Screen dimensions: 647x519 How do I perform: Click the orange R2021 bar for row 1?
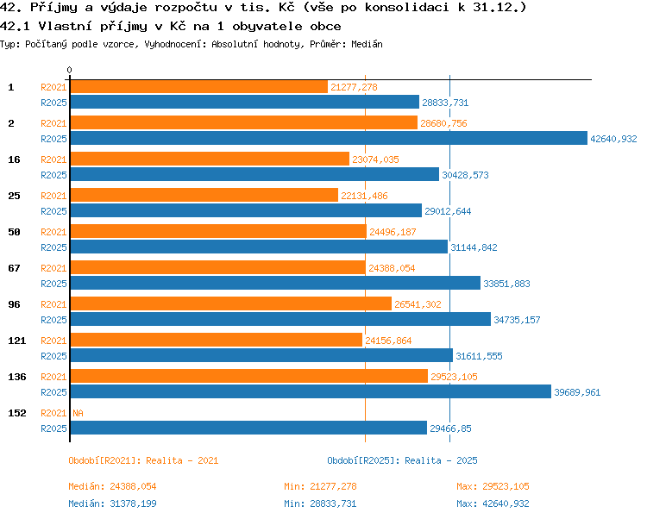click(x=199, y=87)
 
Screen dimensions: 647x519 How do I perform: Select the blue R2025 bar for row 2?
click(x=329, y=139)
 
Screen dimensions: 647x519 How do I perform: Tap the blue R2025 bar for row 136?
click(x=311, y=392)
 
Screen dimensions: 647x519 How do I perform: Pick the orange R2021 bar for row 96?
click(x=231, y=304)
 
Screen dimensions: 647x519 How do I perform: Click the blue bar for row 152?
click(x=248, y=428)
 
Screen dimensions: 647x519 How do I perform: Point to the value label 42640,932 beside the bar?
click(x=613, y=139)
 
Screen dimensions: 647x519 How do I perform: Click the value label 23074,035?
click(x=375, y=159)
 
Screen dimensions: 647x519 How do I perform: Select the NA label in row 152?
click(x=78, y=413)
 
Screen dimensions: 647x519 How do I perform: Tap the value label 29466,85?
click(x=450, y=428)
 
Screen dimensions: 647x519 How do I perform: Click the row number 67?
click(x=14, y=268)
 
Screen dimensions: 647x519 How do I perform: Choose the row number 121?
click(x=17, y=341)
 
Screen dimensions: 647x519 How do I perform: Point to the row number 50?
click(x=14, y=232)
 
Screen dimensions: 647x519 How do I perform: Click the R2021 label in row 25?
click(x=53, y=196)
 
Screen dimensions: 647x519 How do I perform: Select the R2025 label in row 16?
click(x=53, y=175)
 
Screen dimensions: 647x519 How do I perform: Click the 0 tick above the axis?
click(x=69, y=70)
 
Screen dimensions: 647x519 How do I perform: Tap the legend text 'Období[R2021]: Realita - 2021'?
click(x=143, y=460)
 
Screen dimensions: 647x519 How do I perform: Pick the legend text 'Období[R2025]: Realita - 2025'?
click(x=402, y=460)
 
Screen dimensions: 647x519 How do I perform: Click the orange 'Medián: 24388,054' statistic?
click(x=112, y=486)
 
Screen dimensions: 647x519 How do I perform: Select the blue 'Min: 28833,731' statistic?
click(x=320, y=503)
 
